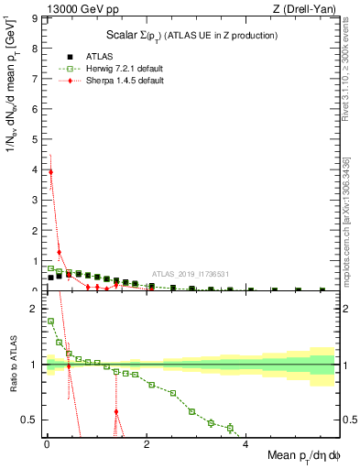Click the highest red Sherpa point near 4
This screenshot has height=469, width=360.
coord(50,171)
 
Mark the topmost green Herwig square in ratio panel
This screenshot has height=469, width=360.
coord(50,322)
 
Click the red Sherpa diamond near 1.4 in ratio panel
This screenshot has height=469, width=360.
coord(116,411)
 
